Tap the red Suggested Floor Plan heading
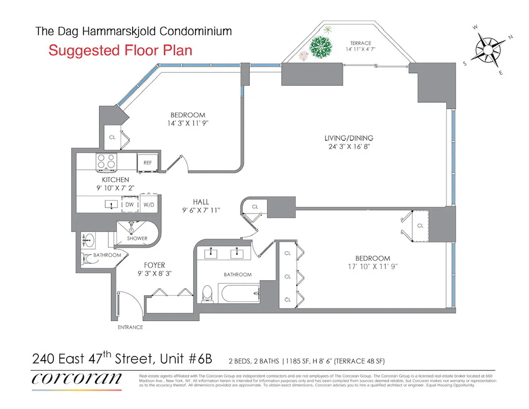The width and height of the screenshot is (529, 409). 120,50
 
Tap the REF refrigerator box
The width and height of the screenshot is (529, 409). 148,163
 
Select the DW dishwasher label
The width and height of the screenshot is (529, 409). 130,205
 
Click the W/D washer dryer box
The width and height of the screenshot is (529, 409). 149,205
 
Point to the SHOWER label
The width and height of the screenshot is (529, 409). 137,238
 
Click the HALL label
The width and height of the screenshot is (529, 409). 201,202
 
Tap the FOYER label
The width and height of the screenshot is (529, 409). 154,265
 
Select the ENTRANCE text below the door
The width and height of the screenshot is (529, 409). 130,327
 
